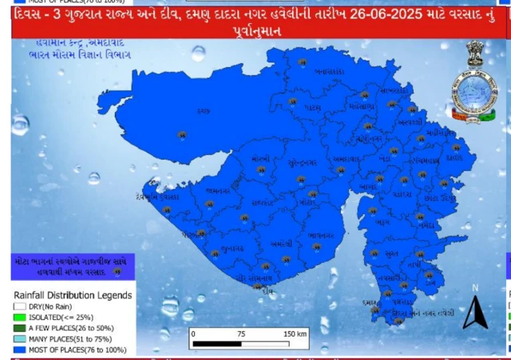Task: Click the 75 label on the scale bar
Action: [241, 332]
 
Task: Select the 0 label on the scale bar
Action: [192, 332]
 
